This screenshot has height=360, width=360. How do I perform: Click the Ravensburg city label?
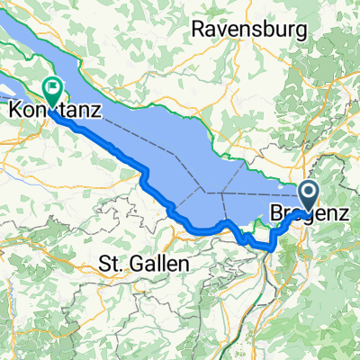point(249,30)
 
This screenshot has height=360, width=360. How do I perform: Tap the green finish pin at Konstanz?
point(51,90)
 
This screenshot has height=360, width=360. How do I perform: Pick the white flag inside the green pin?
point(51,88)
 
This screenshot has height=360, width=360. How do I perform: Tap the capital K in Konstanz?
point(14,112)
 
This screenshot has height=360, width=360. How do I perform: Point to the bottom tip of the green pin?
point(51,106)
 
